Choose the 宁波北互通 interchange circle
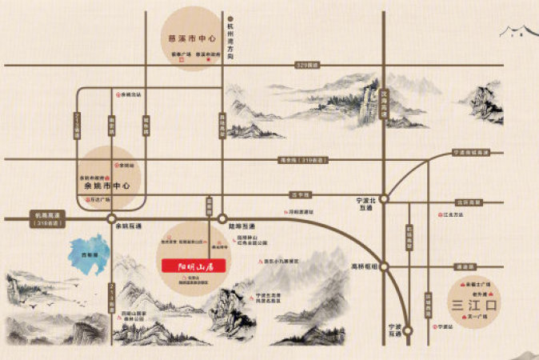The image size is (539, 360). [385, 195]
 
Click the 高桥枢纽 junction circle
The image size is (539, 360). [385, 266]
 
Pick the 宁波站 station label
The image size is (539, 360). [445, 326]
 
